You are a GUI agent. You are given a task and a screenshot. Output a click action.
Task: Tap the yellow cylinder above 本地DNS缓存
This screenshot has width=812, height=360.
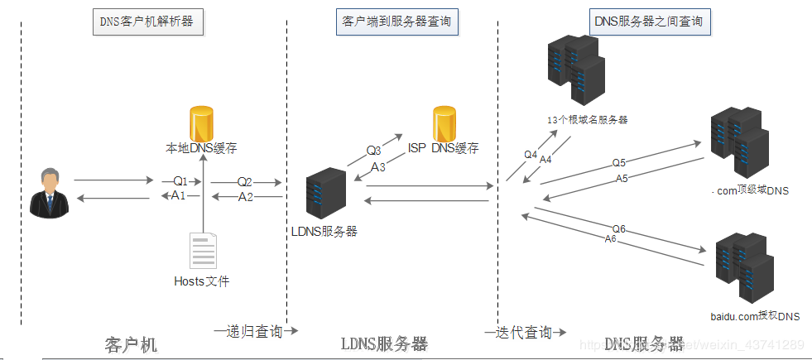click(x=202, y=123)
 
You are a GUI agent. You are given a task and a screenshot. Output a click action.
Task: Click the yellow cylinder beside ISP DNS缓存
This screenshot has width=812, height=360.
click(x=444, y=123)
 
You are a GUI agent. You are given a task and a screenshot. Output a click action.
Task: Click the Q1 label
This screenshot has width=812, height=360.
click(x=180, y=180)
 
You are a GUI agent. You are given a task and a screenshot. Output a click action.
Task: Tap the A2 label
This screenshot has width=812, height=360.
click(x=246, y=197)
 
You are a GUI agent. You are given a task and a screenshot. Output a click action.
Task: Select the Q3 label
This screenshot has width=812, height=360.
click(x=374, y=151)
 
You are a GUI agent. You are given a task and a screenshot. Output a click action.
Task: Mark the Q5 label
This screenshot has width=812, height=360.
click(x=619, y=162)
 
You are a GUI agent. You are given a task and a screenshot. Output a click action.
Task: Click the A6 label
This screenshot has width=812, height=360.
click(x=610, y=238)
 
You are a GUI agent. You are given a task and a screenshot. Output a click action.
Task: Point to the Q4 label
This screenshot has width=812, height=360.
click(x=531, y=154)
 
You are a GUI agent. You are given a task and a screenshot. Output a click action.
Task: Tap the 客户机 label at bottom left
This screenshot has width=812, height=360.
click(x=131, y=343)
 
